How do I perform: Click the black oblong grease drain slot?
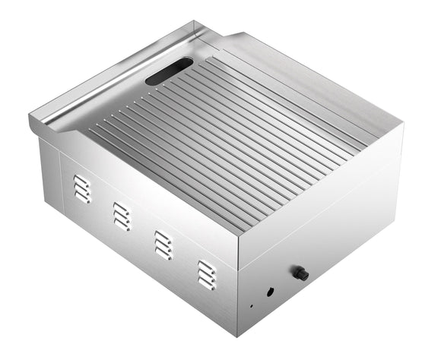coord(169,72)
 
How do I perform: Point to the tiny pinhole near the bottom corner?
coord(252,306)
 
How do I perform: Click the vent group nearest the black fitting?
coord(206,275)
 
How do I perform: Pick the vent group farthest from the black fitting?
coord(81,187)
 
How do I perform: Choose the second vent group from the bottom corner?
coord(163,245)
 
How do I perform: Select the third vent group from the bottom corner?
coord(121,216)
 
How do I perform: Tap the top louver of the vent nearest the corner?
coord(206,266)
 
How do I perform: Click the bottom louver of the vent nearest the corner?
coord(206,284)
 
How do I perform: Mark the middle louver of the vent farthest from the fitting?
coord(81,187)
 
